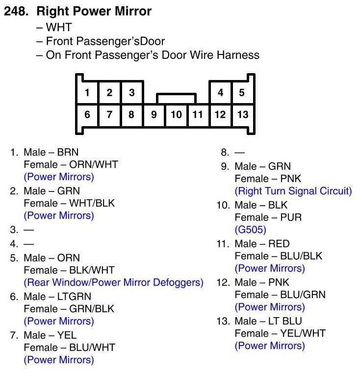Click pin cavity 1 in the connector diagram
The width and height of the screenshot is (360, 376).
[87, 92]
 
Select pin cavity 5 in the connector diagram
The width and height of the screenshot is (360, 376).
[242, 92]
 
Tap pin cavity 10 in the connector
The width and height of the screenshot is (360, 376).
[176, 115]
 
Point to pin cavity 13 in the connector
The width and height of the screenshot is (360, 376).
[242, 115]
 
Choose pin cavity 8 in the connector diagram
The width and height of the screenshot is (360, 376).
[131, 115]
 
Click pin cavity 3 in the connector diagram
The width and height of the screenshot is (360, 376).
[131, 92]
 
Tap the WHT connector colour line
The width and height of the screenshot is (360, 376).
[58, 27]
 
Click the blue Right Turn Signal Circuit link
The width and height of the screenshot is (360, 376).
[293, 191]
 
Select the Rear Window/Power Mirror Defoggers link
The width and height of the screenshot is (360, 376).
[113, 282]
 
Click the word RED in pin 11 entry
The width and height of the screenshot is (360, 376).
[279, 243]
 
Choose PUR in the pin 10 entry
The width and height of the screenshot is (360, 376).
[292, 217]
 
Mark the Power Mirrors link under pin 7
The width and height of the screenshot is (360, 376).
[59, 360]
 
